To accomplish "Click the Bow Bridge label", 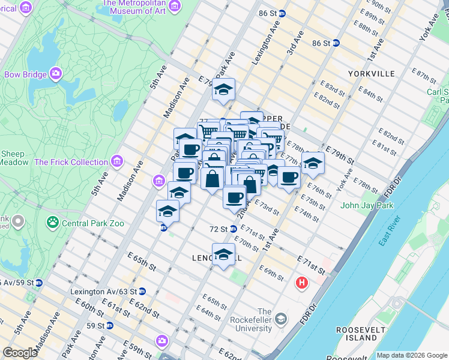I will pyautogui.click(x=26, y=74).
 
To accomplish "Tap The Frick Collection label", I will pyautogui.click(x=71, y=162).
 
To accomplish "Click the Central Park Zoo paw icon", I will pyautogui.click(x=53, y=223).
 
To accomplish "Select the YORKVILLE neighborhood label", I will pyautogui.click(x=371, y=73).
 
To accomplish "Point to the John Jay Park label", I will pyautogui.click(x=367, y=206).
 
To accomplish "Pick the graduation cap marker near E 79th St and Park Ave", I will pyautogui.click(x=223, y=90).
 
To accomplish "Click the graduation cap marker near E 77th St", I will pyautogui.click(x=312, y=163).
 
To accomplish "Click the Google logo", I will pyautogui.click(x=20, y=353).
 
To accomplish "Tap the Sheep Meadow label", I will pyautogui.click(x=13, y=158).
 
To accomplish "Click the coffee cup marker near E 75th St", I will pyautogui.click(x=289, y=178).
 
